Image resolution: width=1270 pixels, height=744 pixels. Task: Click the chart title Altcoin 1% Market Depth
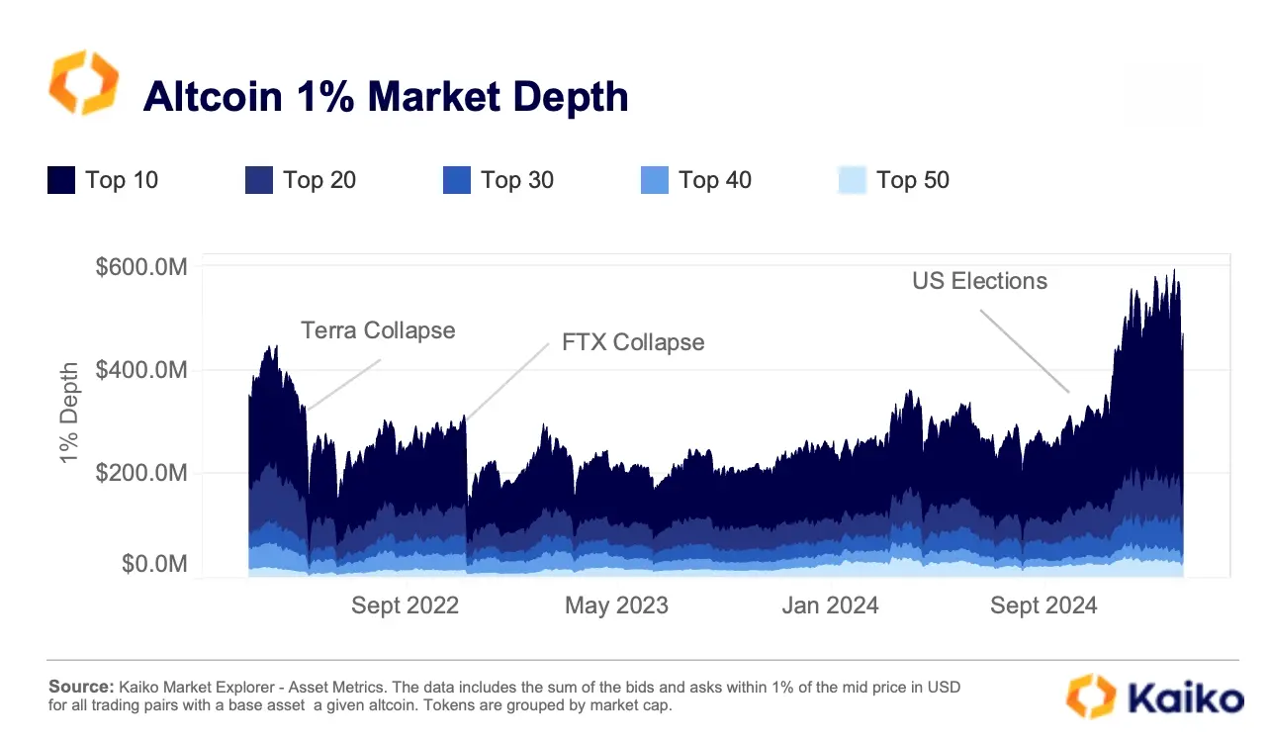coord(385,97)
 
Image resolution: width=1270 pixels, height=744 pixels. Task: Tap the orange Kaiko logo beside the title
coord(84,83)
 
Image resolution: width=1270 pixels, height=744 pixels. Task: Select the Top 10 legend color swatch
coord(61,180)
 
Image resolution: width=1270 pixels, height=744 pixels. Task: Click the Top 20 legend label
coord(318,180)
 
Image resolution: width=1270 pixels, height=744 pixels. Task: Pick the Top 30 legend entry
coord(499,180)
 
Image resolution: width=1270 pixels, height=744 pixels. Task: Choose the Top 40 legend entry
coord(696,180)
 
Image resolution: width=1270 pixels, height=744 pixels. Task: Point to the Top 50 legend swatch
coord(852,180)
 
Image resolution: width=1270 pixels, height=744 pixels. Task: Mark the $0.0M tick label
coord(154,564)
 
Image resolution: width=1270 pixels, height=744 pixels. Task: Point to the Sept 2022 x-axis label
coord(405,605)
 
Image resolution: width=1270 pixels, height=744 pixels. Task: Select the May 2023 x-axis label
coord(616,605)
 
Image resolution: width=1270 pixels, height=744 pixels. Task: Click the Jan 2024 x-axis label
coord(829,605)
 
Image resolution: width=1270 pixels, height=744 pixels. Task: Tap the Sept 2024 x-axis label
coord(1043,605)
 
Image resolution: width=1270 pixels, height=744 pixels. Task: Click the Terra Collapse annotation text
coord(378,330)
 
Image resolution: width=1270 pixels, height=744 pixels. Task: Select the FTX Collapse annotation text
coord(633,342)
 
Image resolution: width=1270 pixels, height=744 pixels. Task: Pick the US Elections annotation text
coord(979,281)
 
